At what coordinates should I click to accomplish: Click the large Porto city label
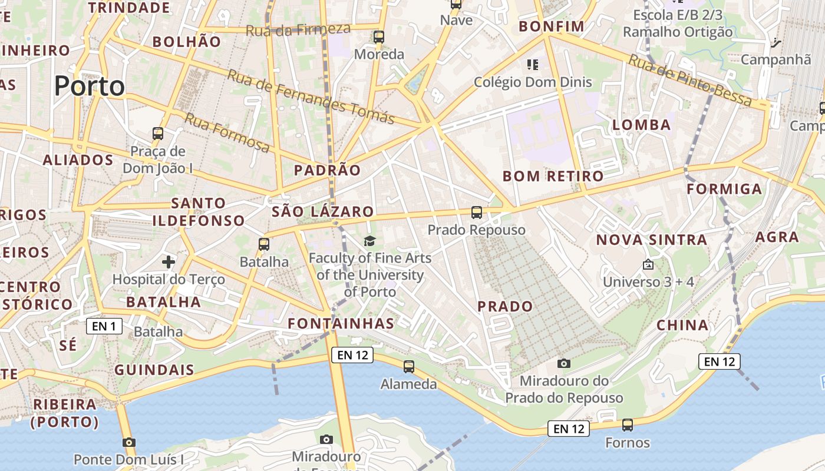click(90, 86)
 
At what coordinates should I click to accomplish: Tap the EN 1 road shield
click(104, 326)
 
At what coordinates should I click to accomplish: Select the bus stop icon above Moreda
click(379, 37)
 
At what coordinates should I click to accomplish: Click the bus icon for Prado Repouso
click(477, 213)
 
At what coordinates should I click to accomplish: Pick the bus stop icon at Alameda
click(409, 367)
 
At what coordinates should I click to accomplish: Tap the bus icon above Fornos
click(628, 425)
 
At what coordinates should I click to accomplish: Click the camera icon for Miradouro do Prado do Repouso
click(564, 363)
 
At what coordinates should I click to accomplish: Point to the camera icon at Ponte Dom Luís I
click(129, 442)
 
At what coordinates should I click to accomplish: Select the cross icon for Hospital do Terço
click(169, 261)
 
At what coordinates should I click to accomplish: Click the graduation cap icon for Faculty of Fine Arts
click(369, 241)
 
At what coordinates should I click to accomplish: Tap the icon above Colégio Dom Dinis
click(533, 64)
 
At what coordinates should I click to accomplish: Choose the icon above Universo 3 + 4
click(648, 264)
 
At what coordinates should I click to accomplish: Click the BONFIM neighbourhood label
click(552, 26)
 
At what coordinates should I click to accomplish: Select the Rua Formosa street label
click(227, 132)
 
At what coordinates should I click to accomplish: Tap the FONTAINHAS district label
click(341, 323)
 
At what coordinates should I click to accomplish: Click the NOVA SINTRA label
click(652, 240)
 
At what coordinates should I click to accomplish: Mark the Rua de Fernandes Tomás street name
click(311, 97)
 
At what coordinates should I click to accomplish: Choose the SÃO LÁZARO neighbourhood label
click(323, 212)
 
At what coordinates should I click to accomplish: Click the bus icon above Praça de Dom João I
click(158, 134)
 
